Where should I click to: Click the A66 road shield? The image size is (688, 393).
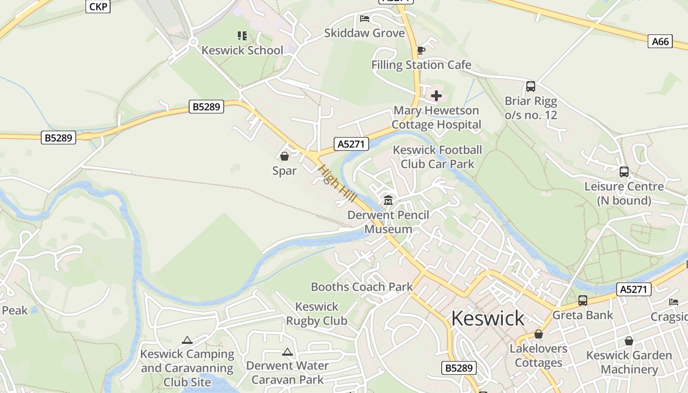pos(660,42)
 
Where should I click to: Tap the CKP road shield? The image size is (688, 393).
pos(98,6)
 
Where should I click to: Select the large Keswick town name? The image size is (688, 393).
pos(487,318)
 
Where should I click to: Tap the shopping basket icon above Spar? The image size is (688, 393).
pos(284,156)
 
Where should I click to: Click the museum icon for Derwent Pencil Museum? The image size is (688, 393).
pos(388,200)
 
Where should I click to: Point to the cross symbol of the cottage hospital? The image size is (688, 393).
pos(436,96)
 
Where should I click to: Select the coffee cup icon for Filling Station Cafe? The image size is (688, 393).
pos(421,50)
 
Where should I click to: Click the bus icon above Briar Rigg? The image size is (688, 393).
pos(531,86)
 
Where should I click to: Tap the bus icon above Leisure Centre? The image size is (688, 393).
pos(624,172)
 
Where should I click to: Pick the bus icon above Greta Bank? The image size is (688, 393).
pos(583,300)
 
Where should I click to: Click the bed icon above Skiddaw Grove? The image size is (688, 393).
pos(365,19)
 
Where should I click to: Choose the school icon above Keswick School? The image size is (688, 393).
pos(242,35)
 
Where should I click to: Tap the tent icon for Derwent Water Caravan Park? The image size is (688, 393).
pos(287,352)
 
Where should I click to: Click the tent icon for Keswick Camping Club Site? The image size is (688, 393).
pos(187,340)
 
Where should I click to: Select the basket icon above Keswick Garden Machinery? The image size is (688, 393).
pos(629,341)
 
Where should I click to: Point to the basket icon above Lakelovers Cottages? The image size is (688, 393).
pos(539,335)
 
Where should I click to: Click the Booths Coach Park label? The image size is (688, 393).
pos(362,287)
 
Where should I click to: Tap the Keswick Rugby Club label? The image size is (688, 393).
pos(316,314)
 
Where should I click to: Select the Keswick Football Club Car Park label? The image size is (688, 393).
pos(437,157)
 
